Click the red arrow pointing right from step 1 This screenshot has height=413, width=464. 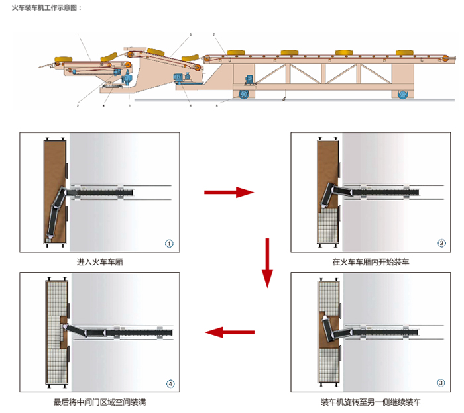229,192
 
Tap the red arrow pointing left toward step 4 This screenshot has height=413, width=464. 229,332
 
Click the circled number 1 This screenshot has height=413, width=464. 169,243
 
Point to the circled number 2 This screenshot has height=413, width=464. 441,243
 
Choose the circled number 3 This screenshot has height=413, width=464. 441,383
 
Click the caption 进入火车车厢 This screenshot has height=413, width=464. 100,262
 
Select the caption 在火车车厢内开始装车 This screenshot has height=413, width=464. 371,262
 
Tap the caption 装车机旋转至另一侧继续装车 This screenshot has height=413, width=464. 371,402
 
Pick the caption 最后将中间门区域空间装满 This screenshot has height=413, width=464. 100,402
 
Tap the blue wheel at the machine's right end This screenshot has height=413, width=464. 402,95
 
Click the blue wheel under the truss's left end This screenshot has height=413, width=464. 243,96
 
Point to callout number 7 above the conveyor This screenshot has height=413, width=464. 213,34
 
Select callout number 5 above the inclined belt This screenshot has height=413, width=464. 190,34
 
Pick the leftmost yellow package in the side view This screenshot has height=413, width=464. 64,59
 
